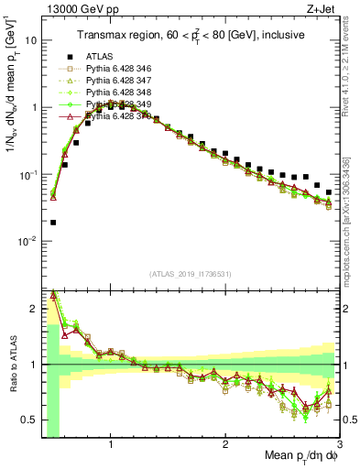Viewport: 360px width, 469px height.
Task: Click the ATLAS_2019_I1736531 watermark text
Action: pyautogui.click(x=191, y=274)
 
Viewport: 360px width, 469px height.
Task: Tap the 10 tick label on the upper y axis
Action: pyautogui.click(x=29, y=40)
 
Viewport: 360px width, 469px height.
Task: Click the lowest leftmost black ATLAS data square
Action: pyautogui.click(x=53, y=222)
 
